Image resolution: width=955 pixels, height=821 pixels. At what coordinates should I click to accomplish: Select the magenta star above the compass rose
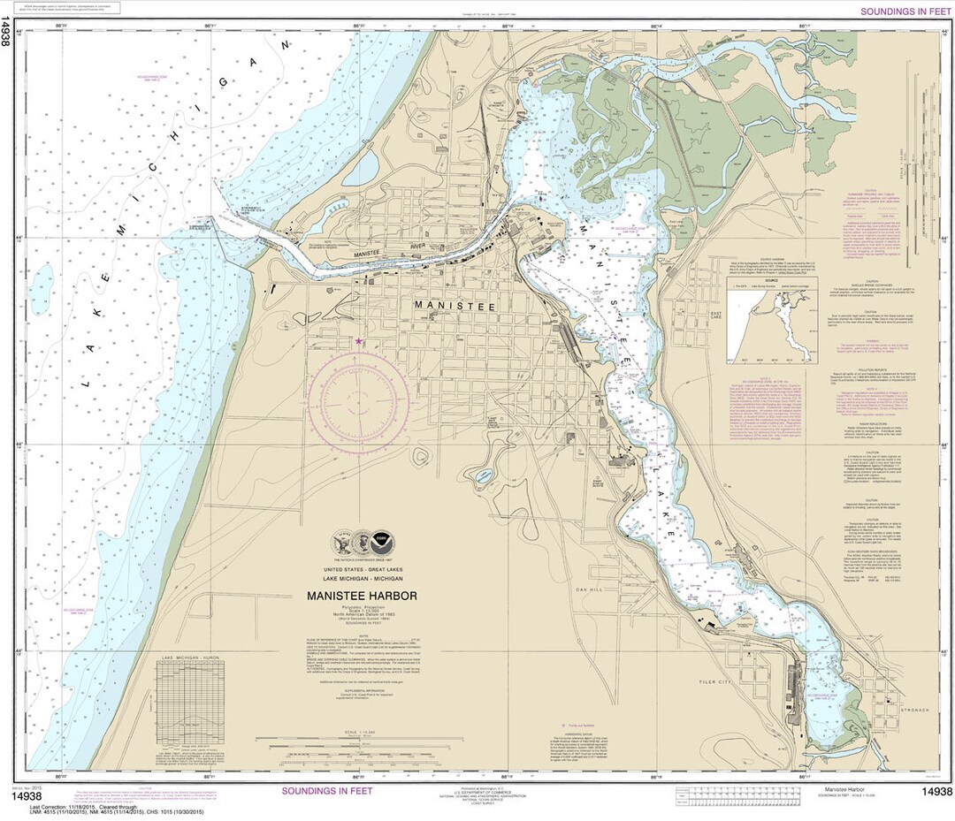point(358,341)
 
